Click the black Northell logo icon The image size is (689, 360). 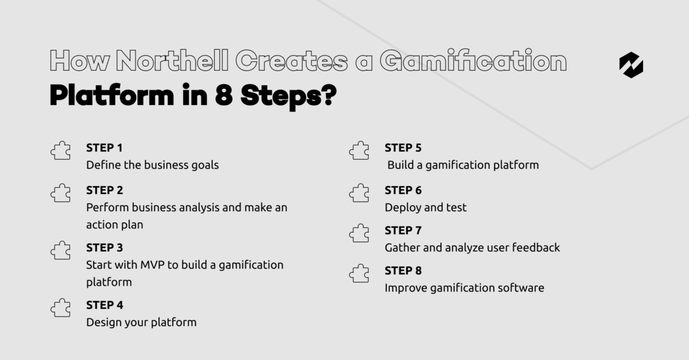pos(631,65)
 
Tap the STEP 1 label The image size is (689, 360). pos(104,148)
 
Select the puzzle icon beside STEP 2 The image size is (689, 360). pos(61,193)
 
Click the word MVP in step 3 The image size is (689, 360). pos(152,265)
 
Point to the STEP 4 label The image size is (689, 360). pos(104,305)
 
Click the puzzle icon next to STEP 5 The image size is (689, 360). pos(359,150)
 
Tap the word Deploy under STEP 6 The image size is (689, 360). pos(402,208)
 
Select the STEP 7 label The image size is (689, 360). pos(403,230)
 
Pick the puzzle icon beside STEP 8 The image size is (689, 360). pos(359,273)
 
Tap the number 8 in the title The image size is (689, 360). pos(223,95)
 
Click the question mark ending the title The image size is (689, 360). pos(330,95)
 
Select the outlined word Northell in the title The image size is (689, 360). pos(172,60)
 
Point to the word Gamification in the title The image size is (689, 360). pos(473,60)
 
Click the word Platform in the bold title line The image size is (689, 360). pos(112,95)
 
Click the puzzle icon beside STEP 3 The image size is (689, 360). pos(61,250)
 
